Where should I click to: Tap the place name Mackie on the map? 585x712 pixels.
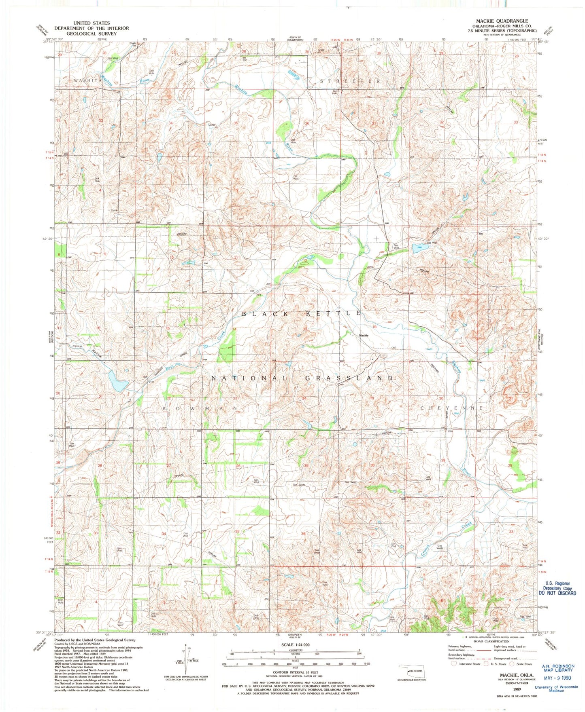[363, 335]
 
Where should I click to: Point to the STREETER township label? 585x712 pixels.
[350, 81]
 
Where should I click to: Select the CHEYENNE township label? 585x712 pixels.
[452, 408]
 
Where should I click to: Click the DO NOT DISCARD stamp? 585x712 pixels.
[557, 593]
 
